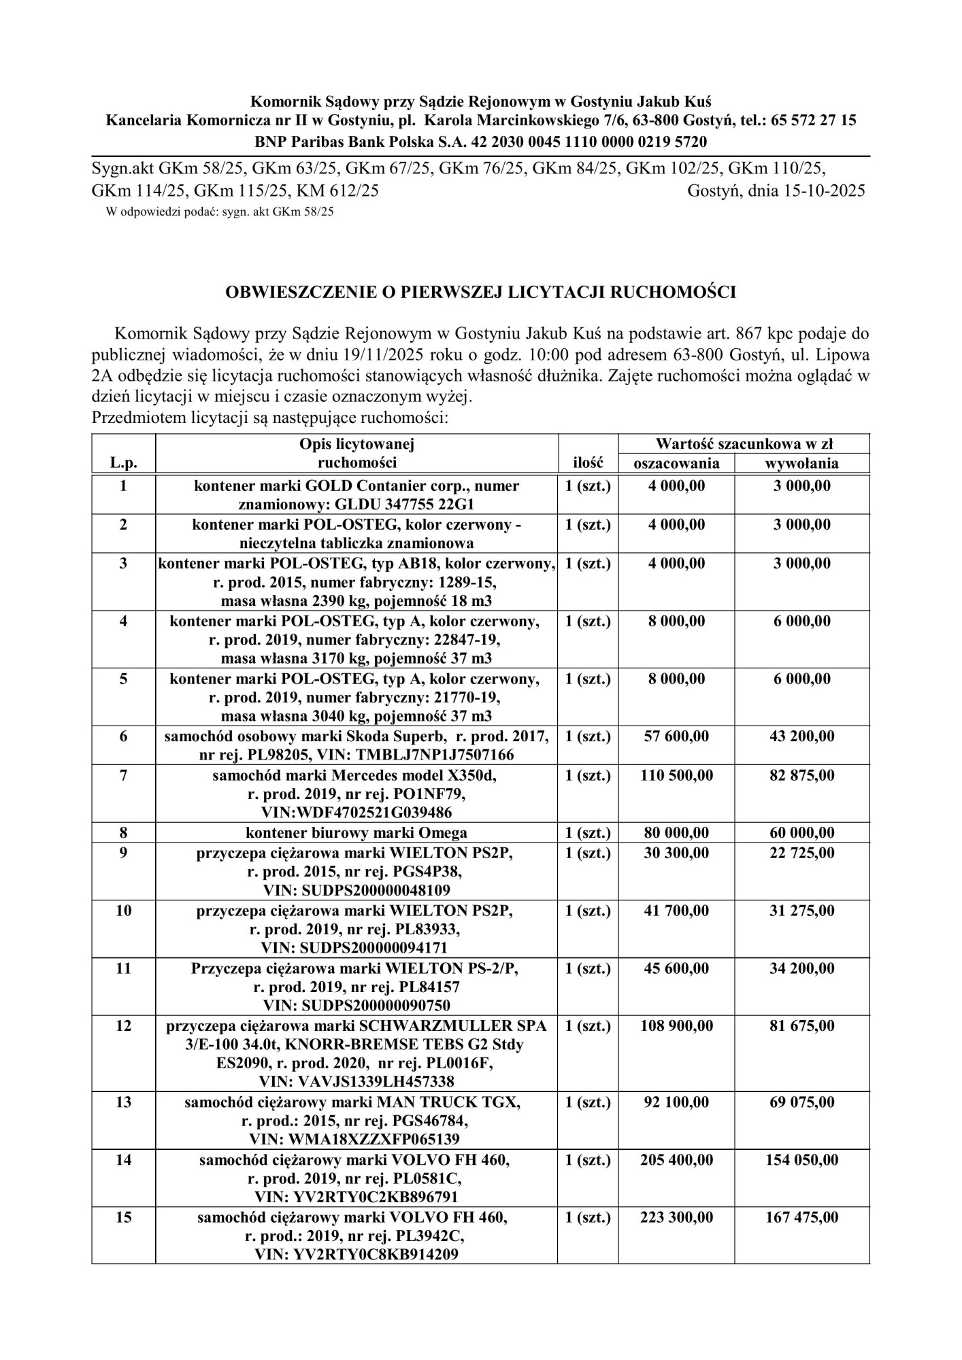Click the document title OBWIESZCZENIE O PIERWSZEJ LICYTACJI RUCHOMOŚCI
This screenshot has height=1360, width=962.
click(480, 292)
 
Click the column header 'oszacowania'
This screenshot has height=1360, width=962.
click(676, 464)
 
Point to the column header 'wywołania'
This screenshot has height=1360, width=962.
click(802, 464)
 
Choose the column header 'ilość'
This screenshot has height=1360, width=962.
click(588, 464)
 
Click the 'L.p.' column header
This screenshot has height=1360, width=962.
click(123, 464)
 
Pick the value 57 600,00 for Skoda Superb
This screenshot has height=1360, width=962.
click(676, 736)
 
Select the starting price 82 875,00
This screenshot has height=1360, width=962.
click(802, 775)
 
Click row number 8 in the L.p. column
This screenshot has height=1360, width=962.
click(123, 833)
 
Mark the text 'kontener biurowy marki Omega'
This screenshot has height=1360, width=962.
click(356, 833)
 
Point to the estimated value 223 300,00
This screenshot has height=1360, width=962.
click(676, 1217)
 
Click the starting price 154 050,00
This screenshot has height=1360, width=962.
click(802, 1160)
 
